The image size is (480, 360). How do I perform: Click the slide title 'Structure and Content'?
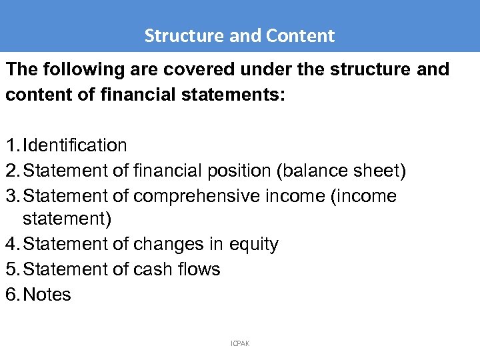pyautogui.click(x=239, y=35)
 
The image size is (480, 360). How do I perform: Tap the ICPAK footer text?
pyautogui.click(x=240, y=343)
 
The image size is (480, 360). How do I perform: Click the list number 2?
pyautogui.click(x=11, y=171)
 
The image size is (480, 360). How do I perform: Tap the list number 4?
pyautogui.click(x=11, y=245)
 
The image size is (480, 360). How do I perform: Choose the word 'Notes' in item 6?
pyautogui.click(x=47, y=295)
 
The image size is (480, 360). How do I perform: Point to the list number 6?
pyautogui.click(x=11, y=295)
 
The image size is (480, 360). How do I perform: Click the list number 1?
pyautogui.click(x=11, y=145)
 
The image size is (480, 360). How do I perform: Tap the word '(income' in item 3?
pyautogui.click(x=365, y=196)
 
